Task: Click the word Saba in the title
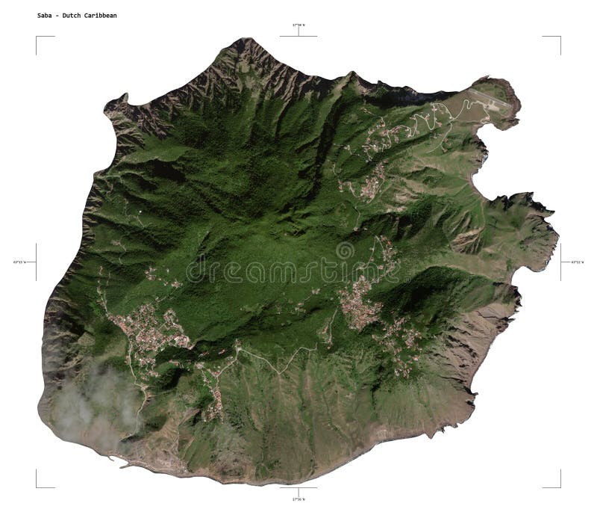click(x=45, y=15)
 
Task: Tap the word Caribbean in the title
click(x=101, y=15)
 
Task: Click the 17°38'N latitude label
click(x=298, y=25)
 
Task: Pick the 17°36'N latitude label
click(x=298, y=499)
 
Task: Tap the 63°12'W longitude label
click(x=578, y=262)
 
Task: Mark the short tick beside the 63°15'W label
click(x=36, y=262)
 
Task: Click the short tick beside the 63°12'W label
click(x=561, y=262)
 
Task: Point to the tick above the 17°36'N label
click(x=298, y=488)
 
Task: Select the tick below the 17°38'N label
click(x=298, y=34)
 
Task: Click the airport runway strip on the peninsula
click(x=489, y=102)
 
